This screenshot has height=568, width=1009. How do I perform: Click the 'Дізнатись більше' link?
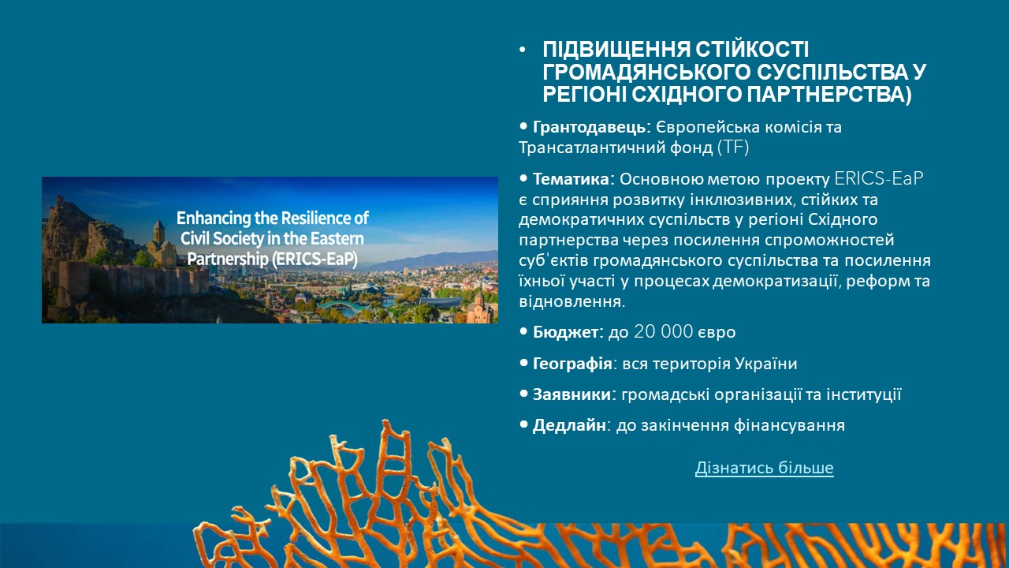(764, 468)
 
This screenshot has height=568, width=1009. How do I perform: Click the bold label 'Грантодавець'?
(589, 127)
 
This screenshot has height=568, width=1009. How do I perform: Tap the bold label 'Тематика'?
(571, 179)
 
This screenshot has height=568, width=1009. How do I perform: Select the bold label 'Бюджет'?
(565, 332)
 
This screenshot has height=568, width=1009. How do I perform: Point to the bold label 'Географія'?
(572, 364)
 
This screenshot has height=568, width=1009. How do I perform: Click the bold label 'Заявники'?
(572, 394)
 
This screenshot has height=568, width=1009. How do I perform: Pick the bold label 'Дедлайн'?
(569, 425)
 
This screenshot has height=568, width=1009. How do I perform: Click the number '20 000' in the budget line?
(663, 332)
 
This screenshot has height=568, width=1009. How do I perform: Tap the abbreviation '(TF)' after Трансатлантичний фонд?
(733, 148)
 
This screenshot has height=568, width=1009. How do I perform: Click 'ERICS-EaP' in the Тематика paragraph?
(879, 178)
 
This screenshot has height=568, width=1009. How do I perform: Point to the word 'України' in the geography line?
(765, 364)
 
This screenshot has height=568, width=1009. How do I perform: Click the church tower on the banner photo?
(158, 232)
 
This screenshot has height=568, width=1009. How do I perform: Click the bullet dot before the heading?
(522, 50)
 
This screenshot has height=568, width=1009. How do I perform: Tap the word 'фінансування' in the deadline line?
(790, 425)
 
